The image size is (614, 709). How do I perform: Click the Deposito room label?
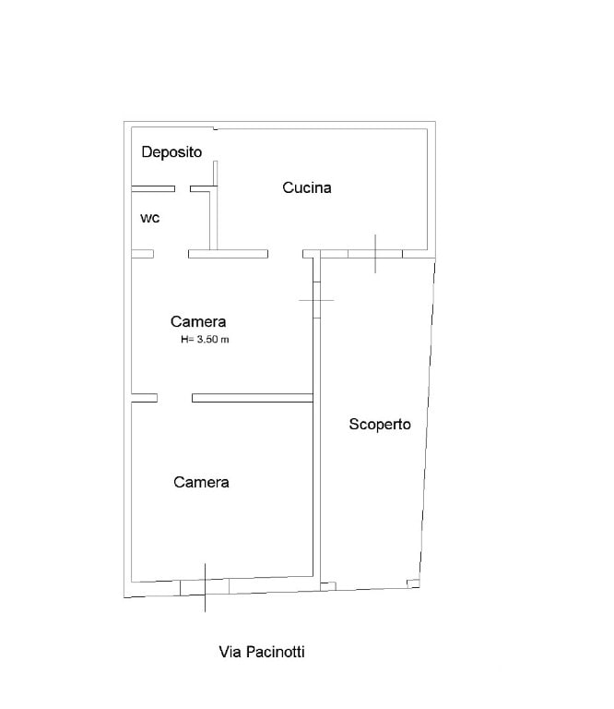tap(171, 152)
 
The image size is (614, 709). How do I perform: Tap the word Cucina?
tap(307, 187)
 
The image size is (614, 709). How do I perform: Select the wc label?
tap(150, 219)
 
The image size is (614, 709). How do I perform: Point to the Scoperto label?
tap(380, 425)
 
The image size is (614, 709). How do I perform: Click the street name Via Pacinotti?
tap(262, 652)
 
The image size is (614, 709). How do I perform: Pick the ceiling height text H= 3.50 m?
tap(205, 339)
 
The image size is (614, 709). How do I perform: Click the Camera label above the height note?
tap(198, 321)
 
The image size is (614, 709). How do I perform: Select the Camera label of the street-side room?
tap(201, 482)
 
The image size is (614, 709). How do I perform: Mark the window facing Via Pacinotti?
tap(205, 587)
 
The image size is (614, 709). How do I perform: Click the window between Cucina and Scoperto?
tap(375, 254)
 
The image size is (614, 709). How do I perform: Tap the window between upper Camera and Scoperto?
tap(317, 300)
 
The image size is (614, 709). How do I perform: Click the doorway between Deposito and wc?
tap(183, 188)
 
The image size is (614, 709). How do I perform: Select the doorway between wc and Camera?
tap(171, 254)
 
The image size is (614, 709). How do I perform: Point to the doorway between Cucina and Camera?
tap(285, 254)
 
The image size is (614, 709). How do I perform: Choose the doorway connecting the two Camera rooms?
tap(175, 398)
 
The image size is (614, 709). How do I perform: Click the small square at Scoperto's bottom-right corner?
tap(413, 583)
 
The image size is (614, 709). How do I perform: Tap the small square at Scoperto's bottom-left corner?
tap(328, 586)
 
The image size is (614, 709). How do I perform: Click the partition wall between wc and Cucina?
tap(214, 221)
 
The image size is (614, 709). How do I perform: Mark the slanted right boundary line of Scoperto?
tap(428, 423)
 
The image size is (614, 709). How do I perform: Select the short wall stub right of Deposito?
tap(216, 174)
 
